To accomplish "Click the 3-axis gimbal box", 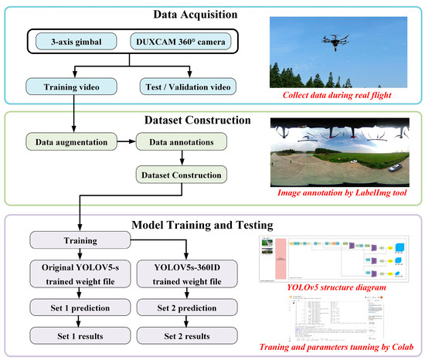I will [66, 40].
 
